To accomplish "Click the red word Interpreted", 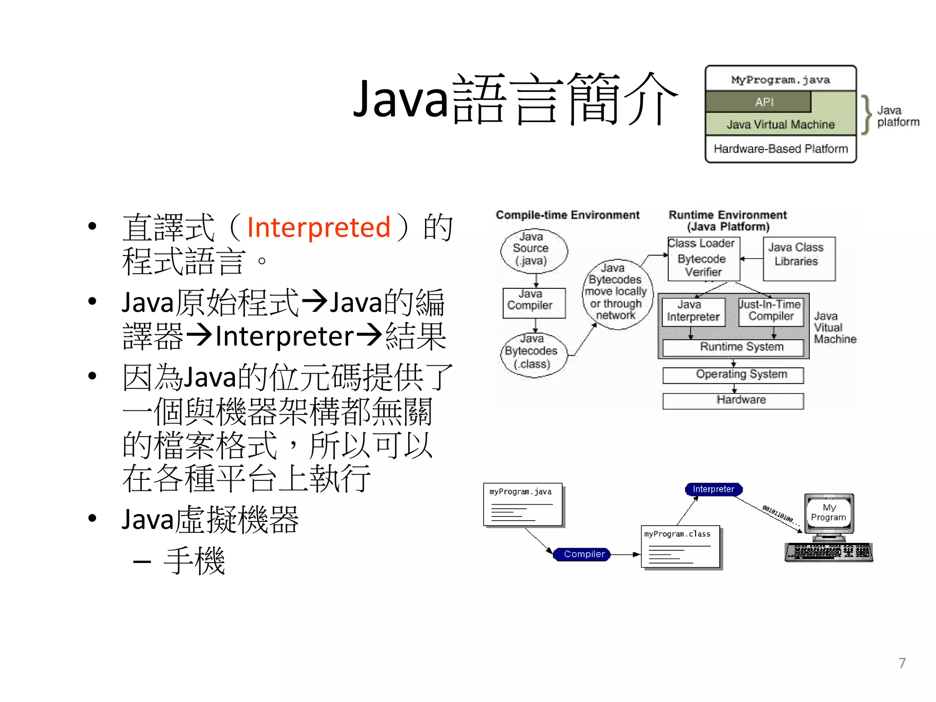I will click(x=319, y=227).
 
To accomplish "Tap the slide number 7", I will click(x=902, y=663).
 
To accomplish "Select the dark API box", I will click(x=759, y=102).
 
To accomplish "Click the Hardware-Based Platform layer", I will click(x=781, y=149).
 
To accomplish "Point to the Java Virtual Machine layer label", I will click(x=781, y=124).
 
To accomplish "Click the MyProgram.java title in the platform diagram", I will click(x=781, y=80).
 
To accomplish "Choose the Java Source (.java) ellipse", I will click(x=534, y=250).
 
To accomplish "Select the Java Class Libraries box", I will click(x=799, y=258).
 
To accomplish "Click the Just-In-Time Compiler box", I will click(x=771, y=312).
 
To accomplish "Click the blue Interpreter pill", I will click(x=713, y=489).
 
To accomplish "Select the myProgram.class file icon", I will click(x=681, y=547).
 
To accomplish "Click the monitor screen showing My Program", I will click(x=829, y=513).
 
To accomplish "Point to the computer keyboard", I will click(x=829, y=552).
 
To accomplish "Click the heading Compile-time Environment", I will click(x=567, y=215).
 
